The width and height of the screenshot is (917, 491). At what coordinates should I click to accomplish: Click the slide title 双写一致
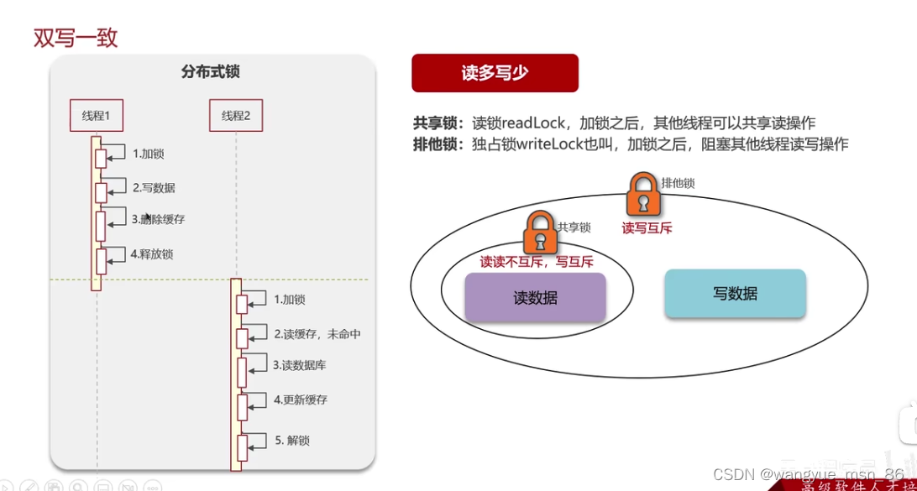76,38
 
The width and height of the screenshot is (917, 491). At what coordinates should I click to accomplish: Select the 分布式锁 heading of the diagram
210,72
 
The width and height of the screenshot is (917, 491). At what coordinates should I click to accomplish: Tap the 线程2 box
236,116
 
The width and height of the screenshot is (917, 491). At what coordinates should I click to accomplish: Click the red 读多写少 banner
495,73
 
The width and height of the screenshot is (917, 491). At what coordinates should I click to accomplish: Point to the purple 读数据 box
535,297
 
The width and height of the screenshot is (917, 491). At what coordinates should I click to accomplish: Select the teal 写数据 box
735,293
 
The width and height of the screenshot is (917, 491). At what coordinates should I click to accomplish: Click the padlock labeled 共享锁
540,232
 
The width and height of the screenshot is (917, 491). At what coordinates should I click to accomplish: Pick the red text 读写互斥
647,227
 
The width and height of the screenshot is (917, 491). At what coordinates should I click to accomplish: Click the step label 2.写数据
154,188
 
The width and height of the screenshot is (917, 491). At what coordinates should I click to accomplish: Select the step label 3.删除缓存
158,220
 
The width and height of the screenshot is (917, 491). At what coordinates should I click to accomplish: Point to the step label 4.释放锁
152,253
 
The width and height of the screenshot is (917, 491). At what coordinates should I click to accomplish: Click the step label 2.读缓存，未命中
317,334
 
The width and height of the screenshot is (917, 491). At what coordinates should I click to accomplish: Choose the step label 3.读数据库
300,365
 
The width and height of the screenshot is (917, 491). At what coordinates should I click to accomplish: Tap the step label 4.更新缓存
301,400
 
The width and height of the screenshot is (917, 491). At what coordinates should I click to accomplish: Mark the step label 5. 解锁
292,441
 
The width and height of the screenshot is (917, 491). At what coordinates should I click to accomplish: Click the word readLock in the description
537,123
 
